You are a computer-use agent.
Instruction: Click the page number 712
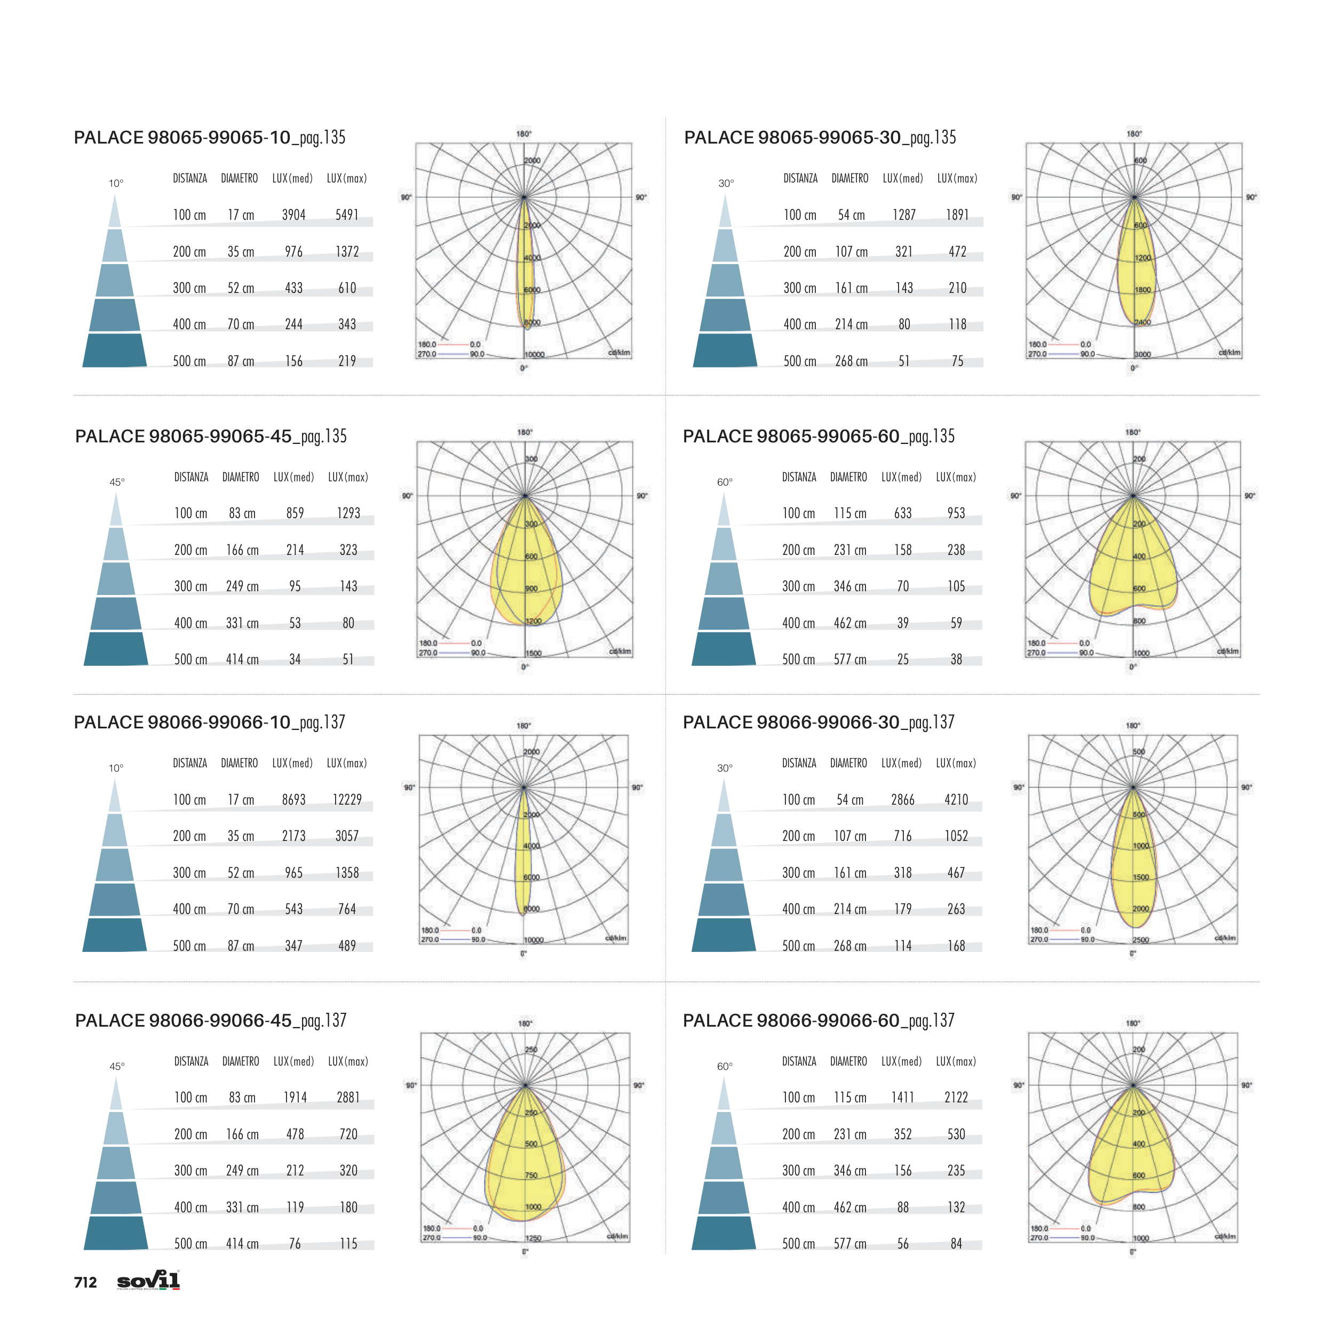click(85, 1282)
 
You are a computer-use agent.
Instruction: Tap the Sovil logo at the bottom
click(148, 1280)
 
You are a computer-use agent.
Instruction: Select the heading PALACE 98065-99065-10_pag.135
click(209, 138)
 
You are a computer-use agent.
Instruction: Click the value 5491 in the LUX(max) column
click(347, 215)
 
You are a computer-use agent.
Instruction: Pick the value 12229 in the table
click(347, 799)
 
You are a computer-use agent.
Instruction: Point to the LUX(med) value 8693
click(293, 799)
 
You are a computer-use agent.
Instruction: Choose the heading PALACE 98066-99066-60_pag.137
click(818, 1021)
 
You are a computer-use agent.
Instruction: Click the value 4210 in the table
click(956, 799)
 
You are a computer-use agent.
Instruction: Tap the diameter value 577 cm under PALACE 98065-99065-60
click(850, 660)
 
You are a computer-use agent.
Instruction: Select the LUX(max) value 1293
click(348, 513)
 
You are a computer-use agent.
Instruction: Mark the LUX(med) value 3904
click(293, 215)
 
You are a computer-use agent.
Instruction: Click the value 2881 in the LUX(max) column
click(348, 1097)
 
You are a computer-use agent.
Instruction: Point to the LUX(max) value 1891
click(957, 215)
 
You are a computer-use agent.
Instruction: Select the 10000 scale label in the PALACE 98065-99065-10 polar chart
click(535, 354)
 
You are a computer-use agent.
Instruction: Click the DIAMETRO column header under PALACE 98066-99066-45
click(240, 1061)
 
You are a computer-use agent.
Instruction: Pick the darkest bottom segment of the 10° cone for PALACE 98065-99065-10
click(115, 350)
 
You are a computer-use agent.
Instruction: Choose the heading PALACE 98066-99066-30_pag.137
click(818, 722)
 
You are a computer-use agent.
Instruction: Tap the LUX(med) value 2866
click(902, 799)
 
